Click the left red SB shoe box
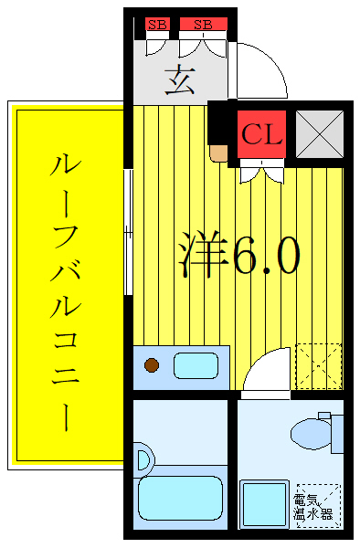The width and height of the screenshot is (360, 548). coord(157,25)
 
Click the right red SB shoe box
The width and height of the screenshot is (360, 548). coord(202,25)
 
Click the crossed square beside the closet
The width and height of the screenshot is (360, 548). coord(319,133)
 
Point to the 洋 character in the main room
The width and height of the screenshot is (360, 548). coord(202,257)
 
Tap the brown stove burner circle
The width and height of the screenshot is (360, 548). coord(152,367)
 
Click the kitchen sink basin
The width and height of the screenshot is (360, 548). coord(196,366)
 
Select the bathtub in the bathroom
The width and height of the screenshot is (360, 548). coord(181,494)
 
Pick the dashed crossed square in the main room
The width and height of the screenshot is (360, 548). coord(319,365)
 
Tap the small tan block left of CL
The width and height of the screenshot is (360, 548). coord(218,152)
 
